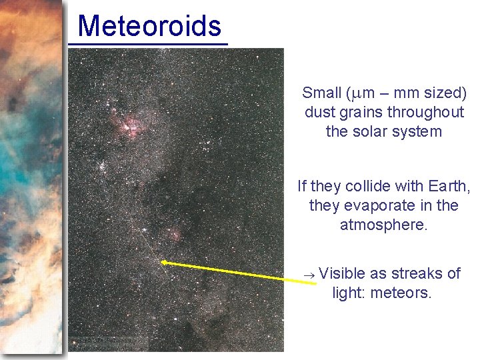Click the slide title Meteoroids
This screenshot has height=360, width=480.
coord(149,27)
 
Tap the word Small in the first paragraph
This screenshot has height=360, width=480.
coord(321,93)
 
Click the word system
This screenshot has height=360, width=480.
coord(419,131)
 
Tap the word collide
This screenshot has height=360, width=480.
coord(363,186)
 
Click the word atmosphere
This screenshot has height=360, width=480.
coord(383,225)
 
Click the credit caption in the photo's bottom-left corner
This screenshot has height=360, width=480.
coord(108,343)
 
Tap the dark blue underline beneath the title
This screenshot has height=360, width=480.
coord(148,45)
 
